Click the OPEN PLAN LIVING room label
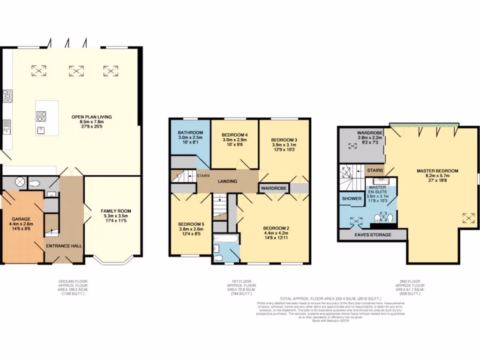coord(91,117)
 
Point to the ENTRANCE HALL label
coord(64,246)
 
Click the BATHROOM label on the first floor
coord(190,133)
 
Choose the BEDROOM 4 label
coord(234,135)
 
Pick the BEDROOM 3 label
coord(284,140)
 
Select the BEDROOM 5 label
coord(190,224)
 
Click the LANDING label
coord(227,181)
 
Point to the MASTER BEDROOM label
coord(437,171)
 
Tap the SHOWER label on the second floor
coord(352,199)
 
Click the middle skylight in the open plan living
coord(76,71)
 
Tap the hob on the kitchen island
coord(41,115)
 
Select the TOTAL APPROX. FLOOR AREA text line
coord(330,298)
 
